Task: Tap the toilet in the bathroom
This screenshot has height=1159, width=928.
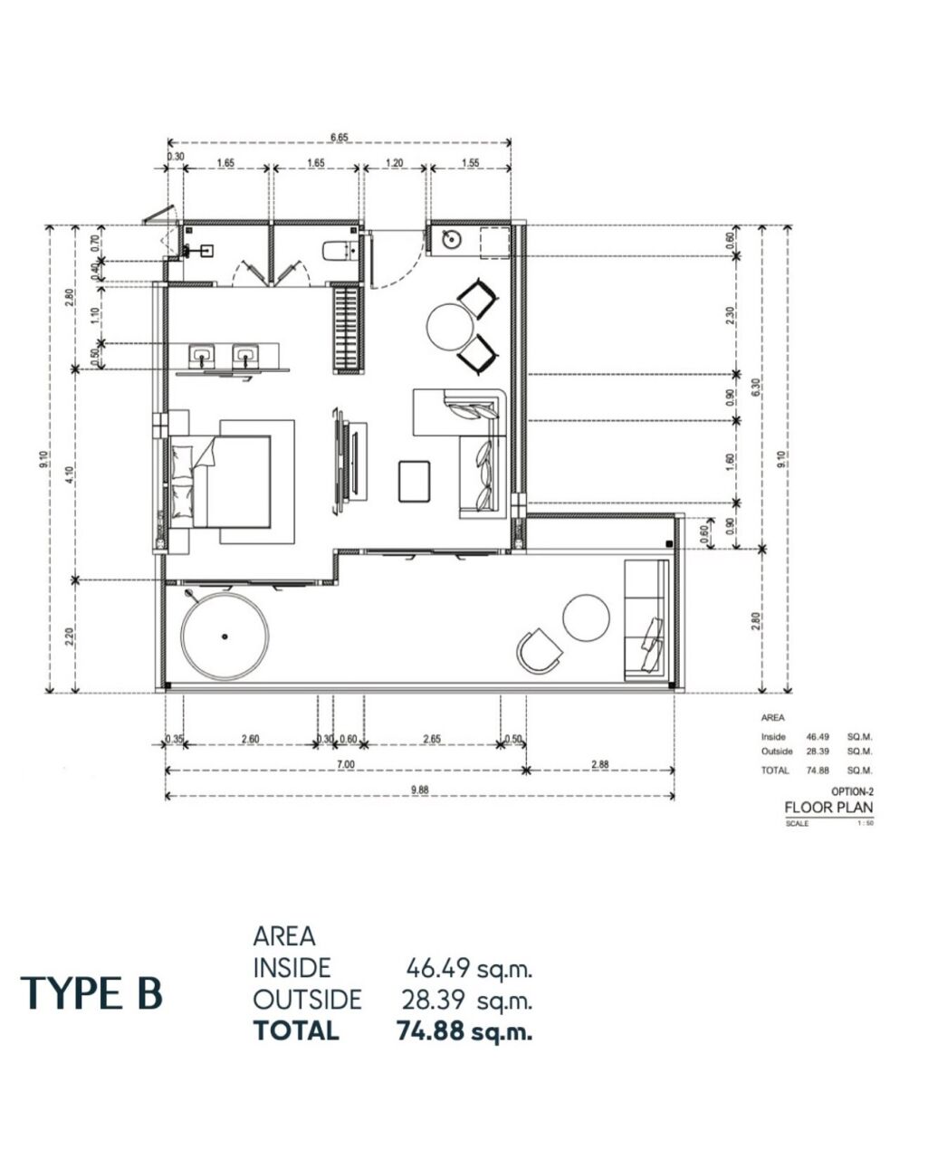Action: tap(338, 252)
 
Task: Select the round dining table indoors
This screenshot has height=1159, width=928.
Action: tap(450, 327)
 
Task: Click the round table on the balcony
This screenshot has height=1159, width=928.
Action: tap(586, 618)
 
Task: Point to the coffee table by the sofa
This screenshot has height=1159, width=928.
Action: tap(414, 481)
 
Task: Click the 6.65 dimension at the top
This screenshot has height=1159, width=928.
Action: tap(340, 138)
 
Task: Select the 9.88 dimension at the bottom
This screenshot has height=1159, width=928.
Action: tap(419, 790)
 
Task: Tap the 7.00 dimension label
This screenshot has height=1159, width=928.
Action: tap(345, 764)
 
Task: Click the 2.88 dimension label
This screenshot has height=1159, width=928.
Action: tap(599, 763)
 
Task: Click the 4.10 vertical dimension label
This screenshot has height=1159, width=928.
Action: tap(69, 475)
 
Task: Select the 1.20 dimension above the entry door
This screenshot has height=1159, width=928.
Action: tap(395, 162)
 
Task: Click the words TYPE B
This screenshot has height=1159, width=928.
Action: tap(91, 993)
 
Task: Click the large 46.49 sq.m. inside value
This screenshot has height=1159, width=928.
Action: tap(469, 968)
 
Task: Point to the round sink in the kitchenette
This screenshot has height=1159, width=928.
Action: tap(451, 239)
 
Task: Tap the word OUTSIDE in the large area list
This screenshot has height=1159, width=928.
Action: tap(308, 1000)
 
